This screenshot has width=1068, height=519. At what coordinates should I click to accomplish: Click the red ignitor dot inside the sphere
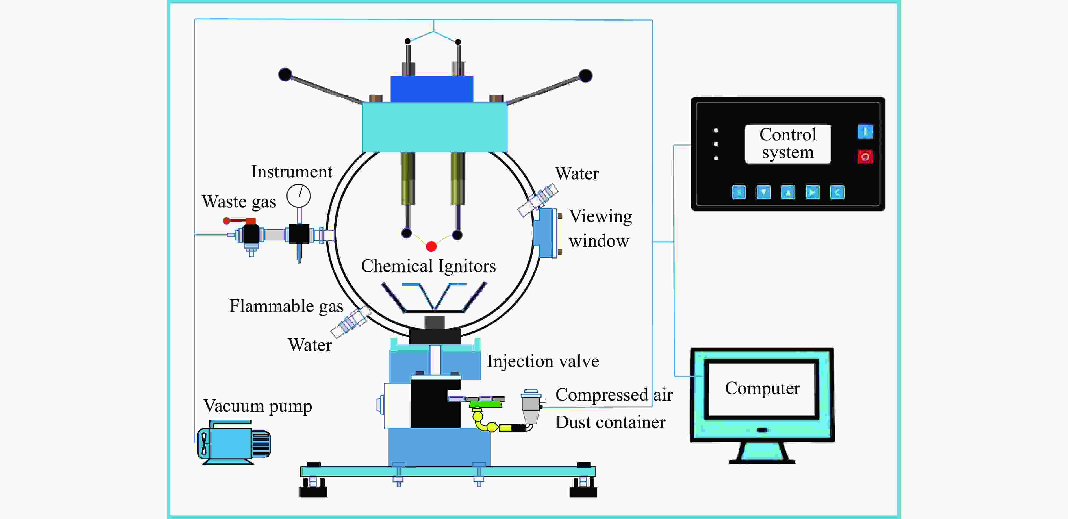tap(431, 247)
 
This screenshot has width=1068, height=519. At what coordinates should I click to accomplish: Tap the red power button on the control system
tap(865, 157)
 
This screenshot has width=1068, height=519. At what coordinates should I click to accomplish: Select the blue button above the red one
tap(865, 132)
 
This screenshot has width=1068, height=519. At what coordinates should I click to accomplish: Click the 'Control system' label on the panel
tap(788, 144)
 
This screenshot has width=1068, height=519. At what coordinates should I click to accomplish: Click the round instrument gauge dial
tap(299, 196)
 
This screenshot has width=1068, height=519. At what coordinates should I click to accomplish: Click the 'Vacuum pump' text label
tap(257, 406)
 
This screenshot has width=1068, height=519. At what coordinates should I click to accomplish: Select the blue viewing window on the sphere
tap(545, 233)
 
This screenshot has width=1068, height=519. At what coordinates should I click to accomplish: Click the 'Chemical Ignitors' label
tap(428, 266)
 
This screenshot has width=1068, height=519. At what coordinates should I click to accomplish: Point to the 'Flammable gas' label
tap(286, 306)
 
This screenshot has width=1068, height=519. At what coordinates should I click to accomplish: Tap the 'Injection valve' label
tap(543, 361)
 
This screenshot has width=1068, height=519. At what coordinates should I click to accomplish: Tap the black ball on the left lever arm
tap(285, 75)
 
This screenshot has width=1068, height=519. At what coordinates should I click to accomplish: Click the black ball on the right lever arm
tap(585, 76)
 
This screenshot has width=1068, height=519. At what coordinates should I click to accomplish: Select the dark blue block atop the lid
tap(432, 89)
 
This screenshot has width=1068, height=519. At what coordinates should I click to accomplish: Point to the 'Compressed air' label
tap(614, 395)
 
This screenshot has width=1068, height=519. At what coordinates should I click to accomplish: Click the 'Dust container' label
tap(611, 422)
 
